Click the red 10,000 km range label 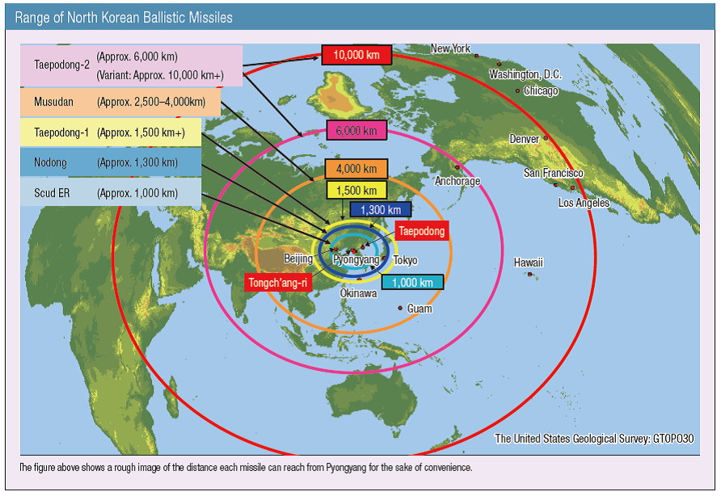pos(356,55)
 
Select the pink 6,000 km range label pos(356,130)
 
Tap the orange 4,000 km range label pos(356,169)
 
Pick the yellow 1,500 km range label pos(356,191)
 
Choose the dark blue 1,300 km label pos(381,210)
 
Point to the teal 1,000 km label pos(412,282)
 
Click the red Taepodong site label pos(420,231)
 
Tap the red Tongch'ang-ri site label pos(277,283)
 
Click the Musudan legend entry pos(120,103)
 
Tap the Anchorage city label pos(457,181)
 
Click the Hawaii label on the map pos(529,263)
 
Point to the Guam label pos(420,309)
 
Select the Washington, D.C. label pos(525,74)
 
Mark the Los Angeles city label pos(584,203)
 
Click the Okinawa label pos(358,293)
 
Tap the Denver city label pos(524,139)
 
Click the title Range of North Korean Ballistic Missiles pos(124,17)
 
